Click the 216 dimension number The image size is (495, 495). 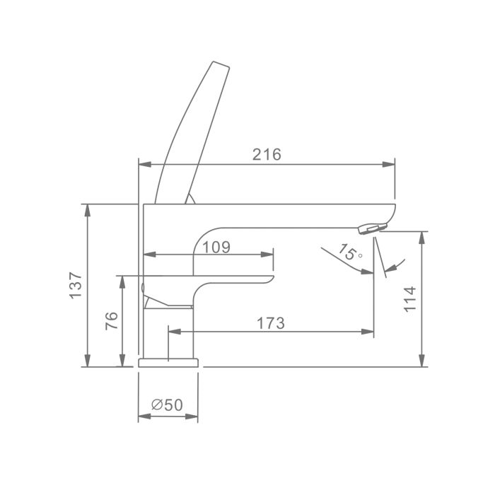pos(267,154)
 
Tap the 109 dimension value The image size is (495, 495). pos(216,248)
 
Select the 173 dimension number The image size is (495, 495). pos(271,323)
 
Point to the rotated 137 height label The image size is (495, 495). pos(76,285)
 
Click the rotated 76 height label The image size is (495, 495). pos(112,321)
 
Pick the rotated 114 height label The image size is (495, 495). pos(410,299)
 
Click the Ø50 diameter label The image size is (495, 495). pos(167,404)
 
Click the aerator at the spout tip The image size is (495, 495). pos(373,228)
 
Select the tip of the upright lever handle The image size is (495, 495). pos(221,64)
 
